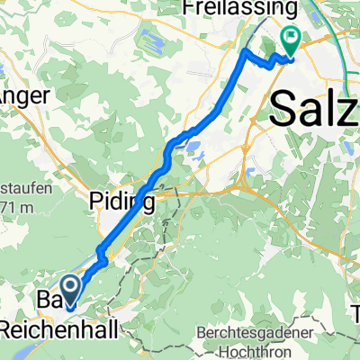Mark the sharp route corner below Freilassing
point(246,53)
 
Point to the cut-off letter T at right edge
point(355,315)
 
